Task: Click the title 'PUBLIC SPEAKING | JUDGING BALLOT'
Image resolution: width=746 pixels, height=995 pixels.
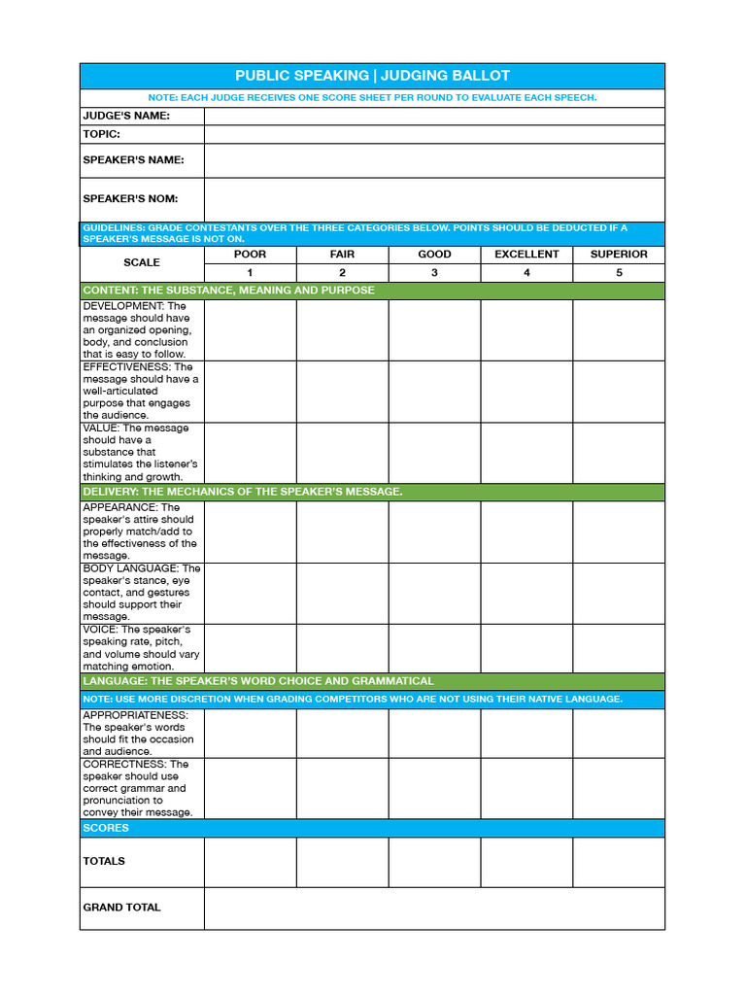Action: tap(372, 76)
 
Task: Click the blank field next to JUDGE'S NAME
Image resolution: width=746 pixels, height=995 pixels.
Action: tap(434, 116)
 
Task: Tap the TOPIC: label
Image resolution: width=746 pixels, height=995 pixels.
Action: tap(102, 134)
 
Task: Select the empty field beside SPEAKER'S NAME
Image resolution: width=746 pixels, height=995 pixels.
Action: tap(434, 160)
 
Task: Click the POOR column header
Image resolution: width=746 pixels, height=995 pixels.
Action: tap(250, 255)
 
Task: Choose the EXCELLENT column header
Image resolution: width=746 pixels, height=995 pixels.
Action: tap(526, 255)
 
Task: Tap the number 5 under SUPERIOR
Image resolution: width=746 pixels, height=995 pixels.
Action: tap(619, 273)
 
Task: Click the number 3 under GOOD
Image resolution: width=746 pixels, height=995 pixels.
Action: tap(434, 273)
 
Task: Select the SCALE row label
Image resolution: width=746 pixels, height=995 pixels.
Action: tap(142, 262)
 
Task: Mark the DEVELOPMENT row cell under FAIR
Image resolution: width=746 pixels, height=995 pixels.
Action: tap(342, 330)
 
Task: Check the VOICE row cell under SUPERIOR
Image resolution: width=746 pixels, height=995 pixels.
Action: tap(619, 648)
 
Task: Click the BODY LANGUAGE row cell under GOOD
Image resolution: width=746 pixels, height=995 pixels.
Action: tap(434, 593)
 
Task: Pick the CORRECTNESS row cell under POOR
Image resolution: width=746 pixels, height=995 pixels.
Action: tap(250, 788)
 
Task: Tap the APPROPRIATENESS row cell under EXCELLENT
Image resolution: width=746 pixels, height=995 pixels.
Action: tap(526, 734)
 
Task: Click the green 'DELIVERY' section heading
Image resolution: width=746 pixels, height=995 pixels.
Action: tap(243, 492)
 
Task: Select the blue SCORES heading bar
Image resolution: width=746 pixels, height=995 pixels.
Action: tap(372, 828)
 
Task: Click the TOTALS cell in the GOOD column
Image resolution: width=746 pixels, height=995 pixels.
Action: tap(434, 862)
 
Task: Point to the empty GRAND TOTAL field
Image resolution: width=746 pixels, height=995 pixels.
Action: tap(434, 908)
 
